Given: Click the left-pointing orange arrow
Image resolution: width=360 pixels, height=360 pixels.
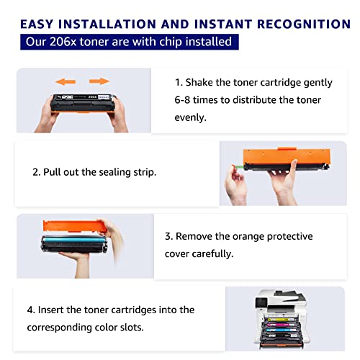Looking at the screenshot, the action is [66, 81].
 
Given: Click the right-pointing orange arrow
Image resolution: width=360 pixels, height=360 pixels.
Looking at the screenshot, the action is [99, 81].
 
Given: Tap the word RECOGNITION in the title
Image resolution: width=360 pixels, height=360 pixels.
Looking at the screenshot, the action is [304, 24].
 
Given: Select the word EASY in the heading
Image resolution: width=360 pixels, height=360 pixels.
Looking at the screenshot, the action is [37, 24].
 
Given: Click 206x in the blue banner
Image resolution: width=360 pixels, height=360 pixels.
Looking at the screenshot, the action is [63, 42].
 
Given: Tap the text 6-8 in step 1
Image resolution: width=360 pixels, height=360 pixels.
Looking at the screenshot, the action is [182, 100].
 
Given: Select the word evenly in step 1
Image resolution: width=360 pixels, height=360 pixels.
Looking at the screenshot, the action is [190, 117].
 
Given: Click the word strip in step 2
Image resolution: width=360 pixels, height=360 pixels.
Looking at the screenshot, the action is [145, 172].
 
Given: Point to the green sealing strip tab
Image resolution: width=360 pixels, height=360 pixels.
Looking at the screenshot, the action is [238, 166].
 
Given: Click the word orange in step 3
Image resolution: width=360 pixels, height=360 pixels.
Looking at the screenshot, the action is [248, 237].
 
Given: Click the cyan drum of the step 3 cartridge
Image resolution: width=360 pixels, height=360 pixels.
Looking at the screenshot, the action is [74, 239].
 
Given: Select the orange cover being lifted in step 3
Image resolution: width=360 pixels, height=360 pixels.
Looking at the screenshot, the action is [74, 226].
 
